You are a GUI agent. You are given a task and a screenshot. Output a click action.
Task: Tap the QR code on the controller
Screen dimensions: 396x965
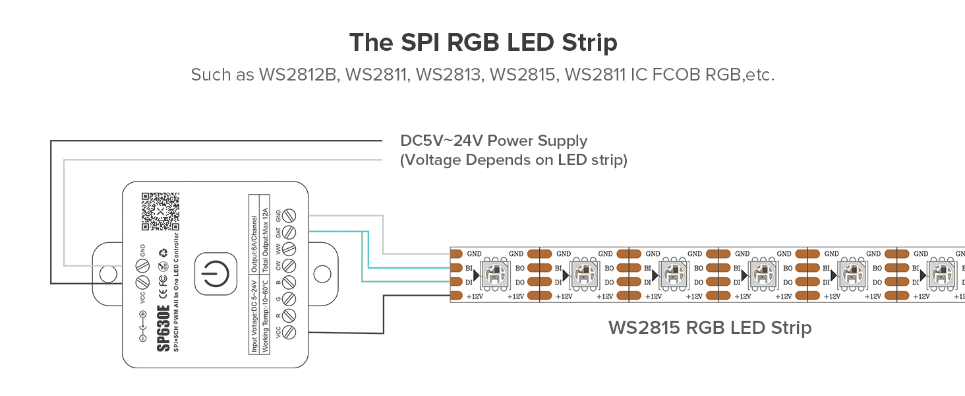160,211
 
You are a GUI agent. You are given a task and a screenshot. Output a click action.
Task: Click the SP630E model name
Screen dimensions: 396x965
163,328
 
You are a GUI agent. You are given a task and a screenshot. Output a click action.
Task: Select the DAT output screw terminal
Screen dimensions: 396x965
288,232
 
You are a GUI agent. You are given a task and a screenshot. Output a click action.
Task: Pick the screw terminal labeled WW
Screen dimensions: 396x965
288,249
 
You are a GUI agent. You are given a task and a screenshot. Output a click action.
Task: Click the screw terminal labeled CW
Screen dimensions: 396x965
288,267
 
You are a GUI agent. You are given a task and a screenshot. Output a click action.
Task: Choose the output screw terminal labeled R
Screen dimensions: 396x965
288,316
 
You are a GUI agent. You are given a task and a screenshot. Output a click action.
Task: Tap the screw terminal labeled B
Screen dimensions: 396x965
288,283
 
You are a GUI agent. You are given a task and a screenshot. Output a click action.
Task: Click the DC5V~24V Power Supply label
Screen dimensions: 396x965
494,141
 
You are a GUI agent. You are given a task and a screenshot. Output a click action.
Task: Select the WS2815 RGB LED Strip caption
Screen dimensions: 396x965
709,327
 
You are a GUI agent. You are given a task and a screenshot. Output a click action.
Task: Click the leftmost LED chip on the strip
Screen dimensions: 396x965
493,274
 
